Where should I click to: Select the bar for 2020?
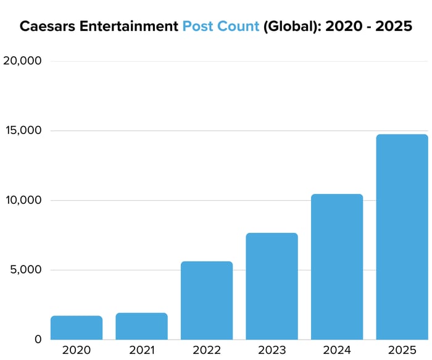(77, 327)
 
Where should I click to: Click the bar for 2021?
(141, 326)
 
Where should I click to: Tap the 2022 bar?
(207, 300)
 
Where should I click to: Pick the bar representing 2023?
(272, 286)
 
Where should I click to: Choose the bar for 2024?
(337, 267)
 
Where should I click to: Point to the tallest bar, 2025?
(402, 237)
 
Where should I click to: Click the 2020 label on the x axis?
(77, 350)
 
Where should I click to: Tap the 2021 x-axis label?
(141, 350)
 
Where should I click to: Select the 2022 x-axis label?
(207, 350)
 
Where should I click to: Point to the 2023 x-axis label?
(272, 350)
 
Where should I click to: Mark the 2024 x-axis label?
(337, 350)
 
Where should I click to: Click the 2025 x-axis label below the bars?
(402, 350)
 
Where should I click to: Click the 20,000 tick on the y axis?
(22, 61)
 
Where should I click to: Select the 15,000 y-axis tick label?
(22, 131)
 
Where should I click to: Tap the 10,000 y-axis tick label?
(22, 200)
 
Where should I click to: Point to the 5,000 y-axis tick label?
(25, 270)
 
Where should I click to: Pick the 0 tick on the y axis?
(38, 339)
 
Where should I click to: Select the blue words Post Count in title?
(221, 27)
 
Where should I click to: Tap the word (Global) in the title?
(289, 27)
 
